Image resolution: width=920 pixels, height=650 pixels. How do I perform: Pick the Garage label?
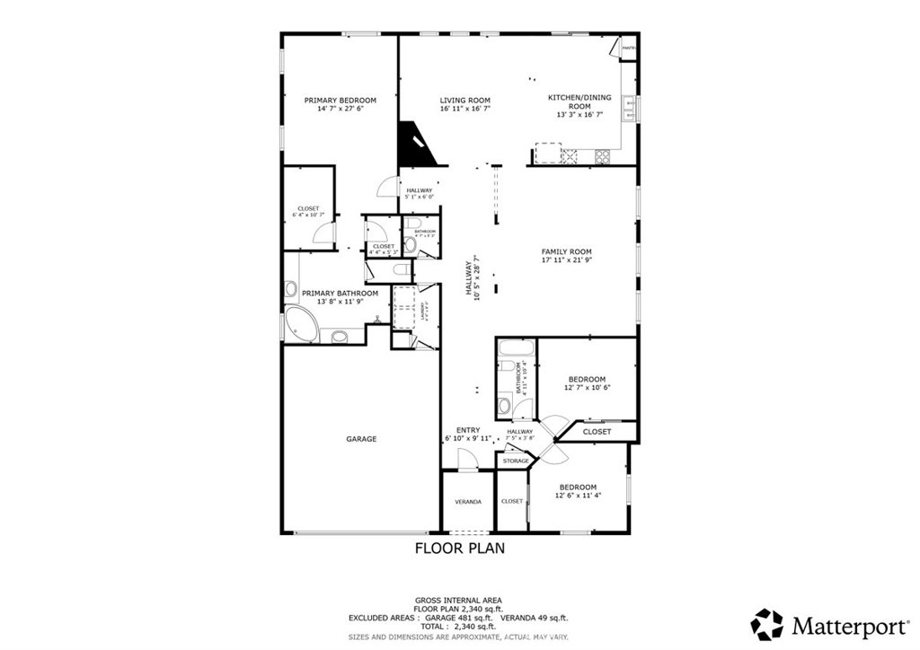(x=361, y=439)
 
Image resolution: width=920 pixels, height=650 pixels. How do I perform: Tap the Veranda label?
(x=467, y=501)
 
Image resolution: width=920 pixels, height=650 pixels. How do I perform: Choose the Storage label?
(x=516, y=461)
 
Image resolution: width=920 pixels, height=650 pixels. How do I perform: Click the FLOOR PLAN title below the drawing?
(x=459, y=547)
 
